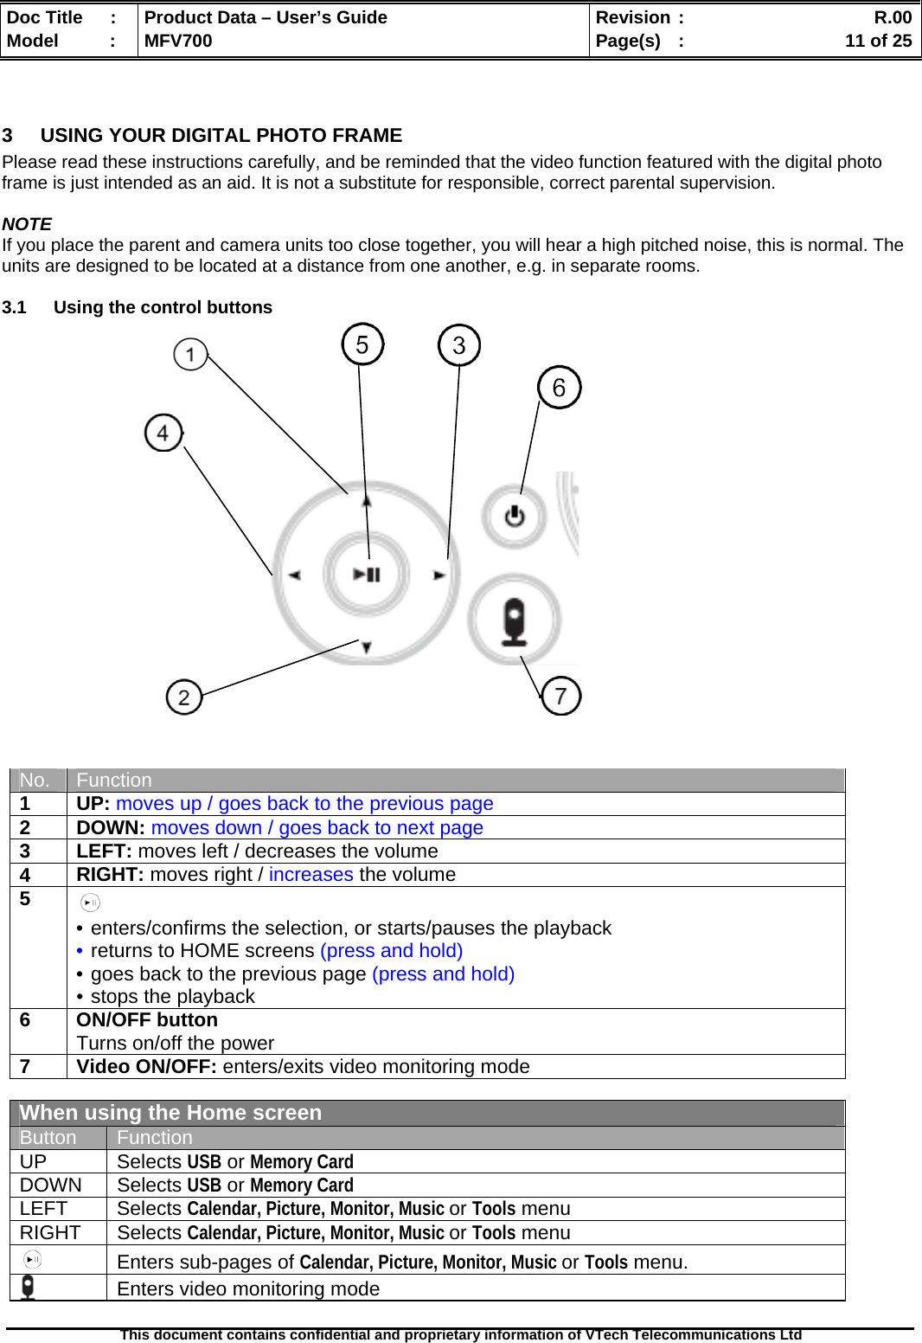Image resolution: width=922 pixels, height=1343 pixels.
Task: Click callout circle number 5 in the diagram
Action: click(362, 344)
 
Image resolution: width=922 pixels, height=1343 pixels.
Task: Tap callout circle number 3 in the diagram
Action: click(459, 345)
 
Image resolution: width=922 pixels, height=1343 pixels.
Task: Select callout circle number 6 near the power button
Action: click(559, 387)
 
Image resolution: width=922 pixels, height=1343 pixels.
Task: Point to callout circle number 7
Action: click(560, 696)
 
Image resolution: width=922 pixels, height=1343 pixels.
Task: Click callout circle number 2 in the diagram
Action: click(183, 697)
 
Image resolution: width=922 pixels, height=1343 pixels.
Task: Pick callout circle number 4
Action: click(163, 433)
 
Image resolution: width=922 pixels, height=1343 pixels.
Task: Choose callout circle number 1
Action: click(190, 354)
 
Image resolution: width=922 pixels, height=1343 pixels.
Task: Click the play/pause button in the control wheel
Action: click(366, 574)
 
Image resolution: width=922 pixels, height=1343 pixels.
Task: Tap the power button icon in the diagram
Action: click(515, 517)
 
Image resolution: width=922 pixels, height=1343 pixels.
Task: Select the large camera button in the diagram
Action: click(515, 620)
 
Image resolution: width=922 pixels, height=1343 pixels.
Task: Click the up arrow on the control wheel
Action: click(367, 501)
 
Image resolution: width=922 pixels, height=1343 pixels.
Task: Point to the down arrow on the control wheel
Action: click(367, 646)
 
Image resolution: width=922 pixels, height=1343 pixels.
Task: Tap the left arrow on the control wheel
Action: click(295, 575)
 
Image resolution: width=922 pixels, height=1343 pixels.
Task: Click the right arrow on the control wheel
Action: click(439, 575)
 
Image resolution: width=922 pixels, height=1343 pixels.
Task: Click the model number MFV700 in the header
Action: click(178, 41)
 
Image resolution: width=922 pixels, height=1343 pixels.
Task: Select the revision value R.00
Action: click(893, 17)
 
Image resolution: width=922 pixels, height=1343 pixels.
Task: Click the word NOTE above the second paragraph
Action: click(27, 224)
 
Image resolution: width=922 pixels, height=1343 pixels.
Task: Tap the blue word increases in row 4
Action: click(311, 875)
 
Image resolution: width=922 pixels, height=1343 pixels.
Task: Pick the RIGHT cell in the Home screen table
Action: click(50, 1232)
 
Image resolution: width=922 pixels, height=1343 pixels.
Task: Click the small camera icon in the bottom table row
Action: click(29, 1288)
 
